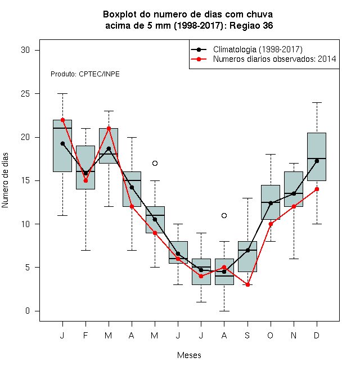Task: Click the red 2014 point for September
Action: point(247,284)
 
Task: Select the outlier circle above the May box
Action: point(155,163)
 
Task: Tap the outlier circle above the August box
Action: point(224,215)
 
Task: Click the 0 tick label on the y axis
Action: point(28,311)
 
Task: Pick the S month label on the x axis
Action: point(247,335)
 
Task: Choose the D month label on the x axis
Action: point(317,335)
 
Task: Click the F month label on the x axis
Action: point(85,335)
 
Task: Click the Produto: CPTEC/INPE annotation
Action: point(85,74)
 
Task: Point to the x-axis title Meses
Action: point(189,355)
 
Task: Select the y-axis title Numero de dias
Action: point(5,180)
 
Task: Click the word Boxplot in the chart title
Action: point(120,15)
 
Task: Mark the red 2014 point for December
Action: point(317,189)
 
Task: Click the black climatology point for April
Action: point(132,188)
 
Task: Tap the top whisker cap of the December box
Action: point(317,103)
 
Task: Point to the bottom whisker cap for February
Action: point(85,250)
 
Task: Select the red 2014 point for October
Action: point(271,224)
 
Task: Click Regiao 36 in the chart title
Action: point(251,25)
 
